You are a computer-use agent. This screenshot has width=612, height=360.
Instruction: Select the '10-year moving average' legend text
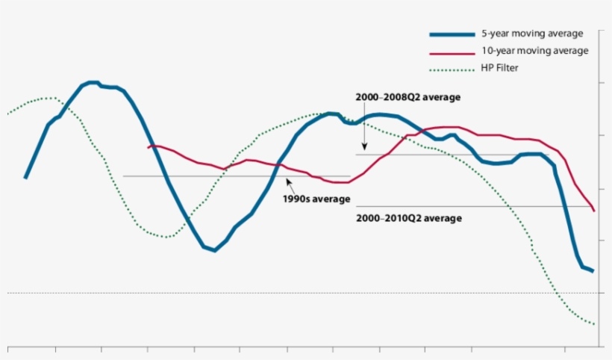click(x=534, y=51)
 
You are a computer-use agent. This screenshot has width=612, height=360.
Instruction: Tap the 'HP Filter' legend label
click(x=500, y=68)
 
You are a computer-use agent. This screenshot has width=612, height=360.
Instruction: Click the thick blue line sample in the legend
click(x=452, y=34)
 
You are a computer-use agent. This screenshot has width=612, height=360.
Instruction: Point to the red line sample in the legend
click(x=452, y=52)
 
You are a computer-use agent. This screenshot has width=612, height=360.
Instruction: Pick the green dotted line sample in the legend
click(x=452, y=69)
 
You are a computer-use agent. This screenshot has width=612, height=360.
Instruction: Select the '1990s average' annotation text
click(x=316, y=199)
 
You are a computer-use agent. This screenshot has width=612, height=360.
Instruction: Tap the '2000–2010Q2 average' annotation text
click(x=409, y=218)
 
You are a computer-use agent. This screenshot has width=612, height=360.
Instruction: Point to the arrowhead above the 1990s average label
click(x=287, y=180)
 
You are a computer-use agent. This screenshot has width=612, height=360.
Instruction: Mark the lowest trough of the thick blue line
click(x=214, y=250)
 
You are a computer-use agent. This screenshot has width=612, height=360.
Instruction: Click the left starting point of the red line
click(x=149, y=146)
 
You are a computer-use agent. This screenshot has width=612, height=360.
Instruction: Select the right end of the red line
click(x=593, y=211)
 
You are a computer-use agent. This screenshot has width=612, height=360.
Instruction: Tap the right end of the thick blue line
click(x=593, y=271)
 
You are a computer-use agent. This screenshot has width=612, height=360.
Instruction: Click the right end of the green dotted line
click(x=594, y=325)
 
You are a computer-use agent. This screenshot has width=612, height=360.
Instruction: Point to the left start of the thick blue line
click(x=25, y=178)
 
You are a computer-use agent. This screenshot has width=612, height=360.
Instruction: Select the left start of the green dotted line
click(x=7, y=114)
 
